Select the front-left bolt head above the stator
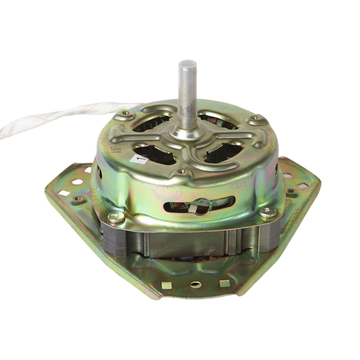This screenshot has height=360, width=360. click(x=116, y=217)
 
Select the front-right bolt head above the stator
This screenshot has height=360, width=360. click(x=268, y=212)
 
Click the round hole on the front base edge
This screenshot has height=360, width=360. click(x=196, y=284)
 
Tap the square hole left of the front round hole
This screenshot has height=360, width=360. click(x=167, y=285)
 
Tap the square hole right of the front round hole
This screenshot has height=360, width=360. click(x=224, y=283)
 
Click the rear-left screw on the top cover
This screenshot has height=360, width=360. click(x=126, y=113)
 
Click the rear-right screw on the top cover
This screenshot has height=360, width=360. click(x=257, y=119)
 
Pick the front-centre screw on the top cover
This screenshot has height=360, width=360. click(x=182, y=172)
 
